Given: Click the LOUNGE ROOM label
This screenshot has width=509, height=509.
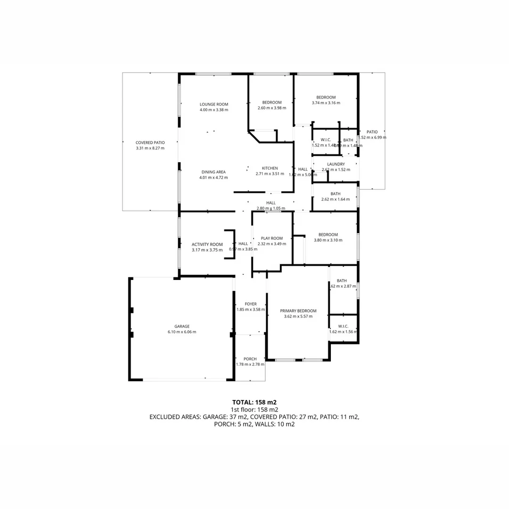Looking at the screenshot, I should point(213,105).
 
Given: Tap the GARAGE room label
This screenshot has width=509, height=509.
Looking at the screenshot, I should point(182,326).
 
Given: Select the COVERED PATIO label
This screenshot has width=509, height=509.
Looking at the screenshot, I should point(150,142).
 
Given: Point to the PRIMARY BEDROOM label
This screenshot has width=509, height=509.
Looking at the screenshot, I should point(298,311).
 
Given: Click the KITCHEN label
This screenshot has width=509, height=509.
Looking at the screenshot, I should point(270,168).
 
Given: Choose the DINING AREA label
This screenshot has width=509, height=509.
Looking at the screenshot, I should point(213,172).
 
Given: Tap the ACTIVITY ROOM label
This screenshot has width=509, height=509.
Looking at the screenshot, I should point(207,244).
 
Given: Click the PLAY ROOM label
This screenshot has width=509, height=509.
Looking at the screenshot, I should point(272,238).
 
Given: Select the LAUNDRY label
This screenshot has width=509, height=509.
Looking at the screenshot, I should point(336,164).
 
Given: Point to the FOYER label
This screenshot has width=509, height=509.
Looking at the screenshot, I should point(250,304).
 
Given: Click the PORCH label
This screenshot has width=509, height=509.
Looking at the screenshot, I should point(250,359).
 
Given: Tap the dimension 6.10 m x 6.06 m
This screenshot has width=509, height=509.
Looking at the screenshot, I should point(182,332).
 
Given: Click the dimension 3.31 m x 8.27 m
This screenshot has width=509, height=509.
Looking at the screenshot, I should point(150,148).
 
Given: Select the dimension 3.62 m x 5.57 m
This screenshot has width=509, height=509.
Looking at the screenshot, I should point(298,317).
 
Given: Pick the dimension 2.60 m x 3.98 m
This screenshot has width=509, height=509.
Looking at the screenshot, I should point(272,108).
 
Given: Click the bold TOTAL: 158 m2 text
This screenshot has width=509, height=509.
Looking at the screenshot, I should point(254,402).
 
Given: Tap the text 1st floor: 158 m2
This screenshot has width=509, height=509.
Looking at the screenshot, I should point(254,410).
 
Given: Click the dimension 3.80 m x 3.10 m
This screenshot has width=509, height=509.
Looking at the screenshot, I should point(328,240).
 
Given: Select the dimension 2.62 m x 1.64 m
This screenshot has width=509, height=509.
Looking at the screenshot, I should point(336,199).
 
